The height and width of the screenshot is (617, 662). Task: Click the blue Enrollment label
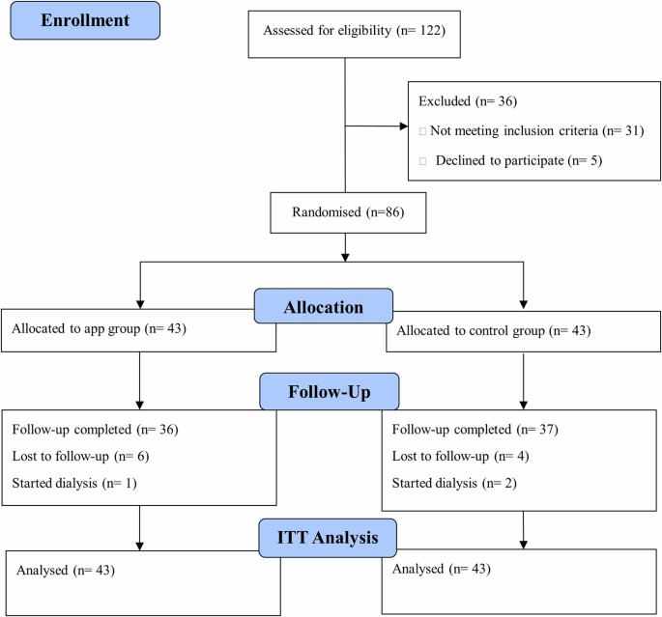[x=85, y=19]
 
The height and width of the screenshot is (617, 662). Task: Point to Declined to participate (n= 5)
[x=518, y=160]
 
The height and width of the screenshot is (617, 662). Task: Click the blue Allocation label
[x=323, y=308]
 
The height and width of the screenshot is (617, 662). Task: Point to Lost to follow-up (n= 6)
[x=80, y=455]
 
